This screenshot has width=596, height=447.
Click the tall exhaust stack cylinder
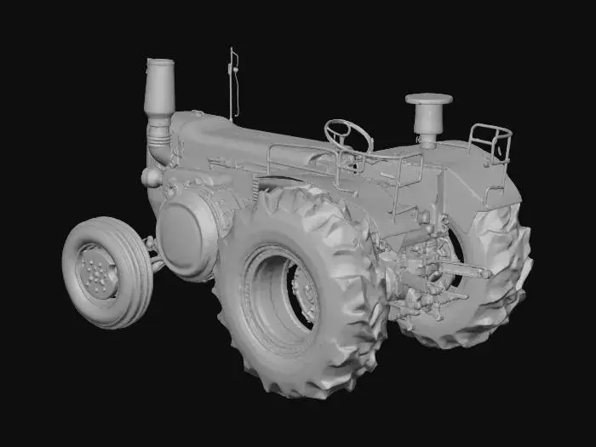click(160, 89)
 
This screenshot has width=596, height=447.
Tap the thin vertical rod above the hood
click(234, 85)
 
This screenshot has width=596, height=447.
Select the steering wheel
click(347, 134)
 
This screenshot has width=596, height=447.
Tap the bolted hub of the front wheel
click(95, 272)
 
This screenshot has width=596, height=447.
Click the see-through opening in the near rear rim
click(303, 294)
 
